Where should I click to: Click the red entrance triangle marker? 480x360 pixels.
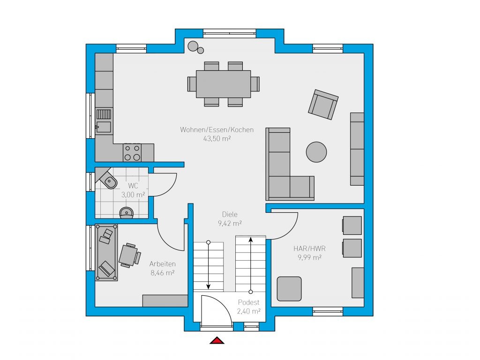(x=217, y=340)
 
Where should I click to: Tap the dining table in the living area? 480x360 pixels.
(x=224, y=84)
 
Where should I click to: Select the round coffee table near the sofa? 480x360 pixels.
(x=316, y=152)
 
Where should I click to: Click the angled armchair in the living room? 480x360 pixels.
(x=323, y=105)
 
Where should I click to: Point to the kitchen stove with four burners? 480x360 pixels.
(x=132, y=152)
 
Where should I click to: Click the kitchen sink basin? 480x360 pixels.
(x=104, y=127)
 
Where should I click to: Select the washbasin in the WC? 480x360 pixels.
(x=127, y=212)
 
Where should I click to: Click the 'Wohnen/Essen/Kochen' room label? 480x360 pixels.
(x=217, y=129)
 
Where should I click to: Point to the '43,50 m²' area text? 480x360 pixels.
(x=217, y=138)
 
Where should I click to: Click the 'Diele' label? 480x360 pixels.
(x=230, y=214)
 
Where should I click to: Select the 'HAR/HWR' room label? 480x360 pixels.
(x=309, y=248)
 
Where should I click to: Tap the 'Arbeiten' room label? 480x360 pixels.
(x=162, y=264)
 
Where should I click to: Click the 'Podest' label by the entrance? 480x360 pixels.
(x=248, y=302)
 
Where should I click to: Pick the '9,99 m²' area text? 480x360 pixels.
(x=309, y=257)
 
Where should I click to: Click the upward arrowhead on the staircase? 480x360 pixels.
(x=251, y=240)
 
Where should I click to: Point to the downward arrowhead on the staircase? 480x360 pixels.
(x=209, y=286)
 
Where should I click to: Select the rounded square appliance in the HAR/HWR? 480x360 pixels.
(x=289, y=289)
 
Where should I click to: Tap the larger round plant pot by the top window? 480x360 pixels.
(x=193, y=46)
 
